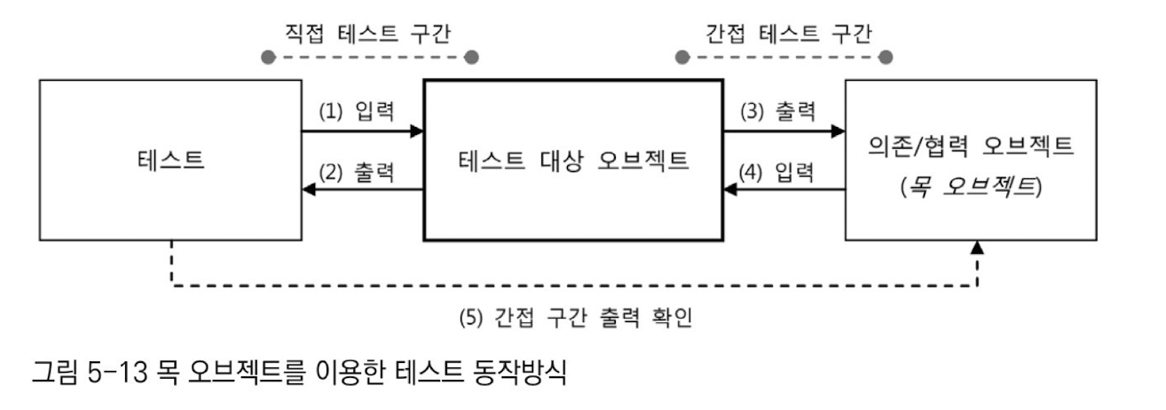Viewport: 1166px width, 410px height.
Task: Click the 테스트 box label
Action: [170, 161]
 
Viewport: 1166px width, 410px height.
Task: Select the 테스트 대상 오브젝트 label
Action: [574, 161]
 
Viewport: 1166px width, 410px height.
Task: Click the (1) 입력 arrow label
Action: [357, 113]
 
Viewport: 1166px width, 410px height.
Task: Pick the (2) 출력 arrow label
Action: [357, 171]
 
